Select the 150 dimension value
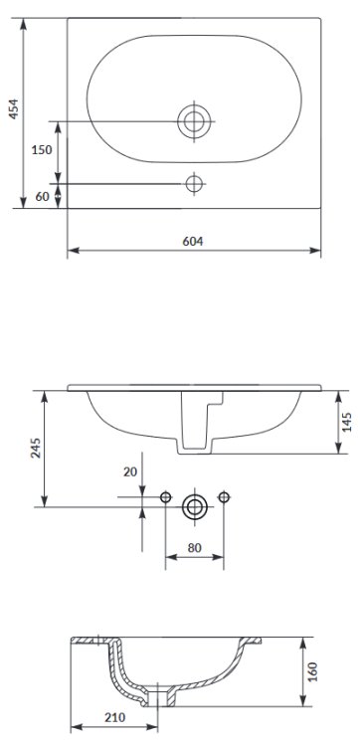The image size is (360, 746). tap(41, 150)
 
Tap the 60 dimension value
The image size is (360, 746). tap(42, 196)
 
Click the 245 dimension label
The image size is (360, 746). tap(33, 448)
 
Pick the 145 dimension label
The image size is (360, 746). tap(347, 422)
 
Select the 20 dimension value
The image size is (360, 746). tap(129, 471)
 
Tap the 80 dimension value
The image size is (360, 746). tap(194, 546)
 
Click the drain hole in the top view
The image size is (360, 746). tap(194, 121)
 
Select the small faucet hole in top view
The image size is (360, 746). tap(194, 183)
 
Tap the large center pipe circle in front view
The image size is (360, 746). tap(194, 507)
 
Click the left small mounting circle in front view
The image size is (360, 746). tap(165, 496)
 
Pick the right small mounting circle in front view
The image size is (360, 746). tap(223, 496)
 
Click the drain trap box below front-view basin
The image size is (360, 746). tap(194, 436)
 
